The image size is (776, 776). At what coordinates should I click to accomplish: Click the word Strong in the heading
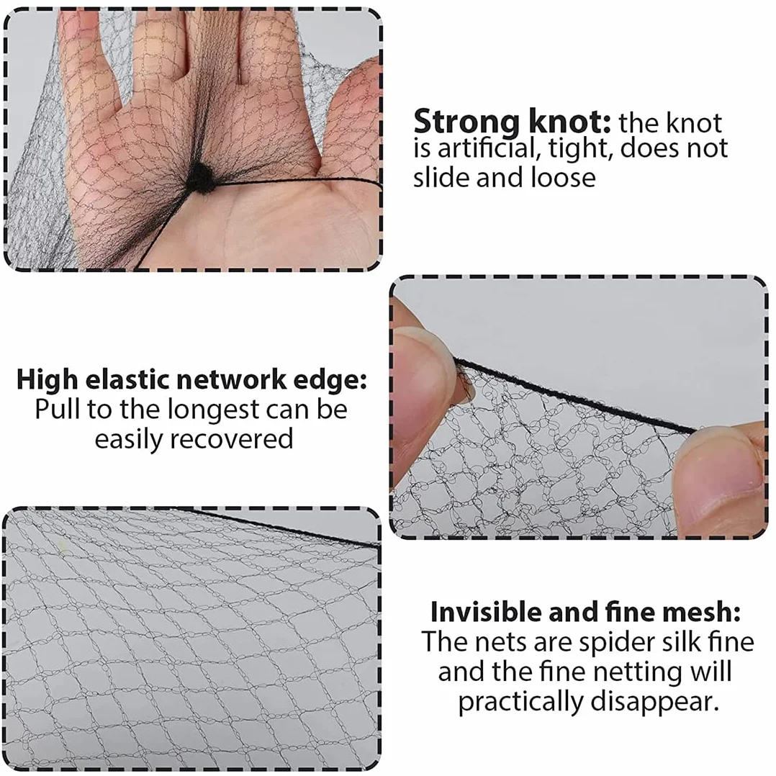466,122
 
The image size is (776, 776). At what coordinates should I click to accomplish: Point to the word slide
441,178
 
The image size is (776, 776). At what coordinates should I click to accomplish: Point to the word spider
615,643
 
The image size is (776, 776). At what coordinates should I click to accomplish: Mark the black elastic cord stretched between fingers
576,395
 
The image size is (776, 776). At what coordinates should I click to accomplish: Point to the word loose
563,178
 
